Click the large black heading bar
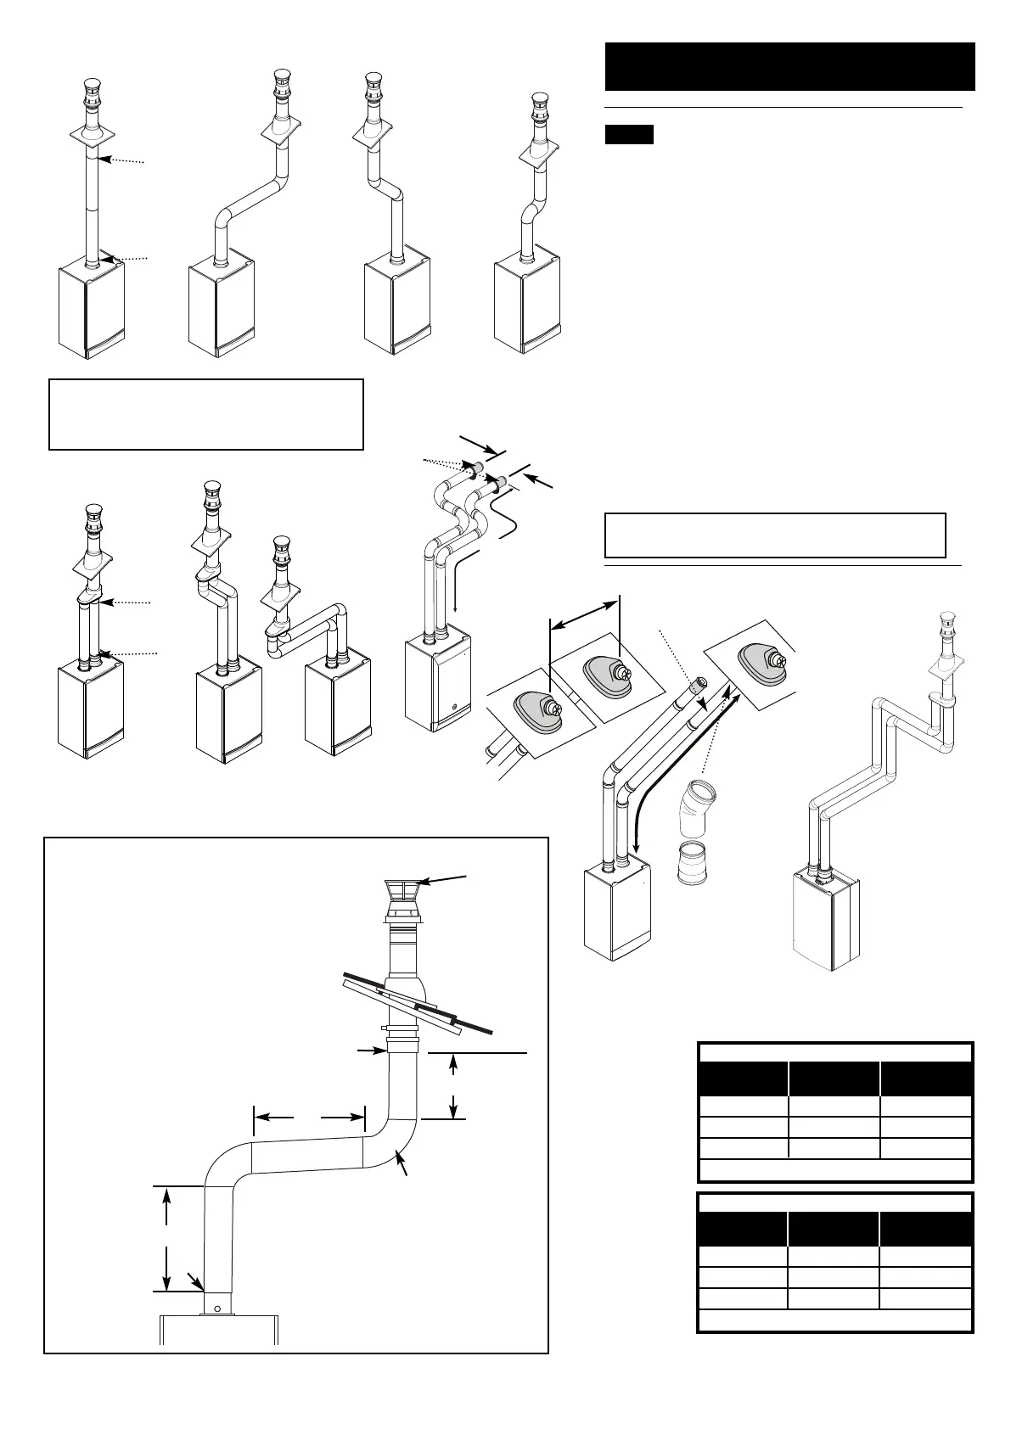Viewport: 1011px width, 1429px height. coord(789,65)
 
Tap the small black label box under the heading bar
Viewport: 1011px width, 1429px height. coord(629,134)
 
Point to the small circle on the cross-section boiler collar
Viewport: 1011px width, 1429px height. coord(217,1309)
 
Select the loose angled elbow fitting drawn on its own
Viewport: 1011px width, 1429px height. coord(697,810)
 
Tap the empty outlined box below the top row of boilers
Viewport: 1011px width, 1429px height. coord(206,414)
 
